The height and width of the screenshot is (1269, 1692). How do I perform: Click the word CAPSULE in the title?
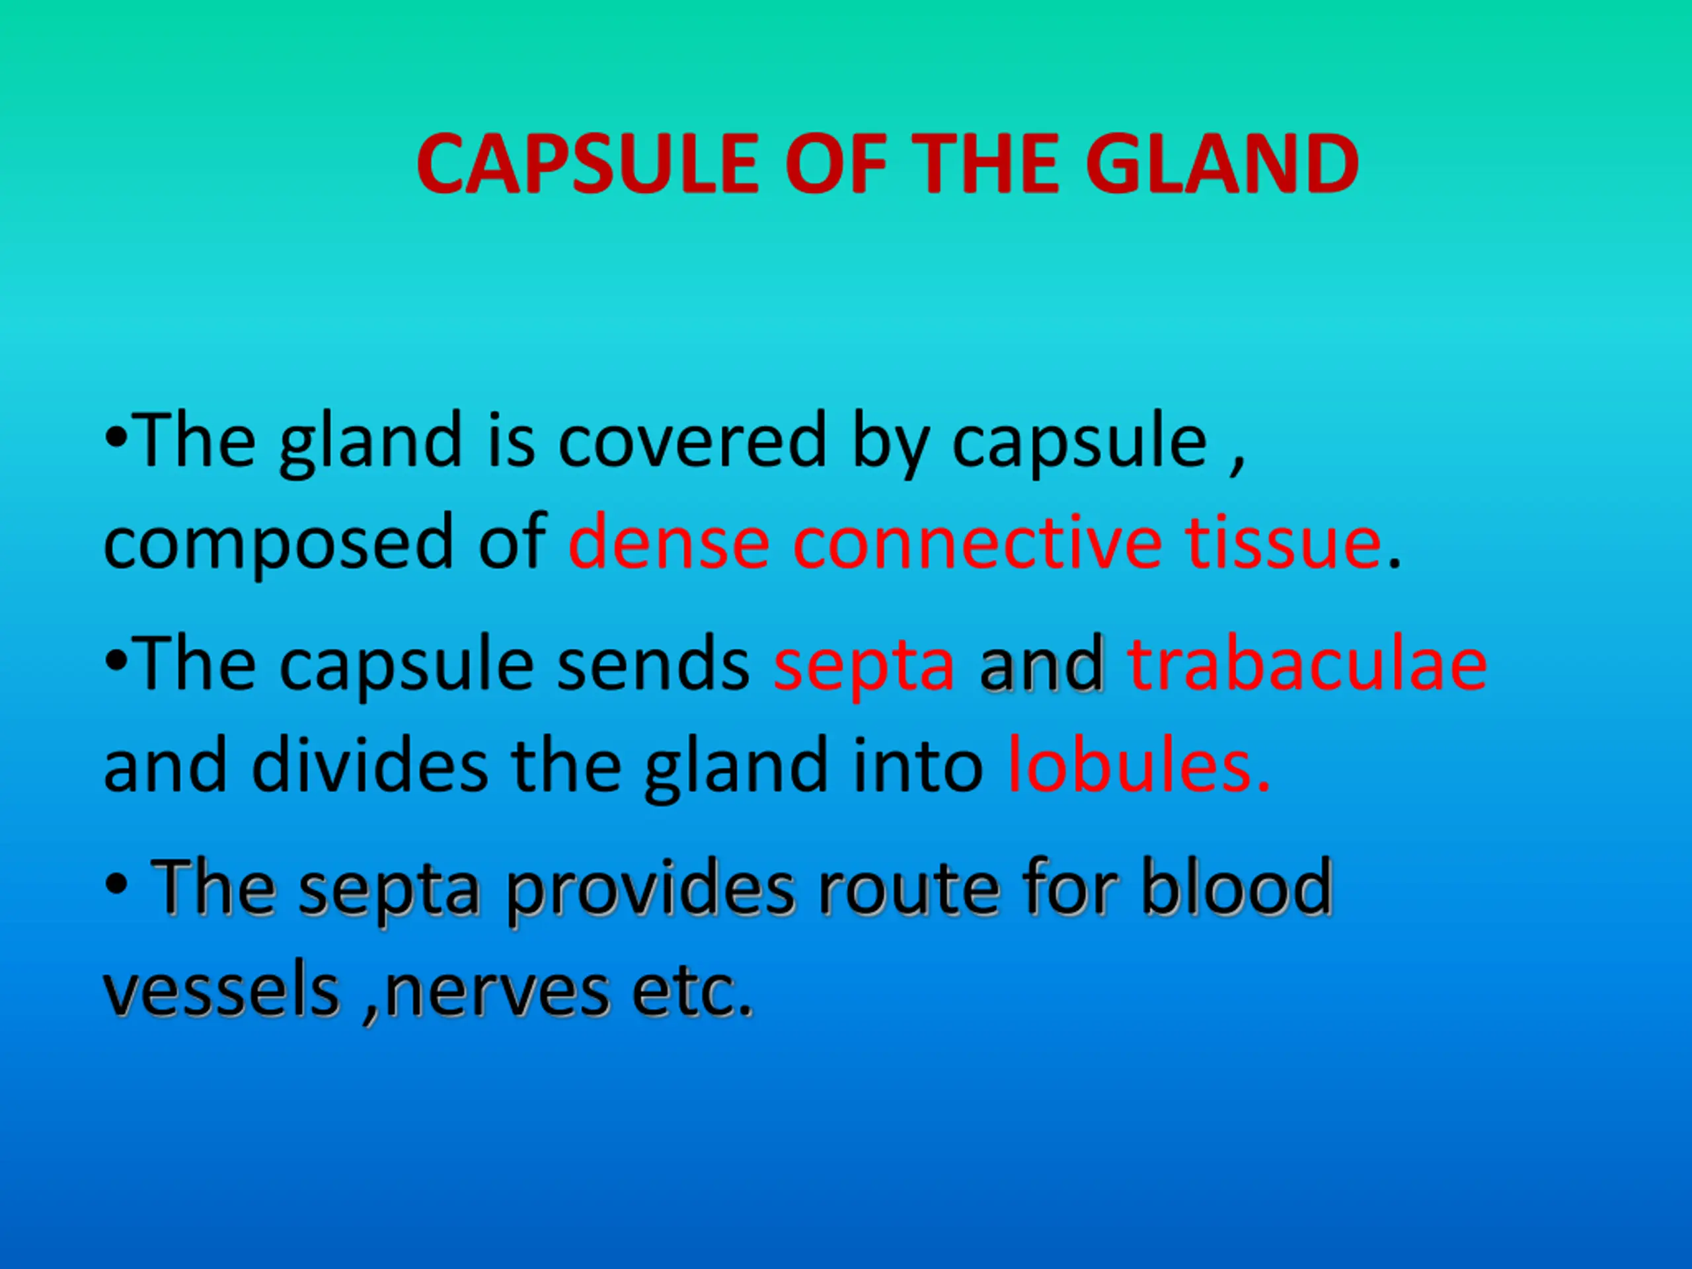pos(588,164)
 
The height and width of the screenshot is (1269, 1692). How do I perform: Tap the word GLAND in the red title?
pos(1221,164)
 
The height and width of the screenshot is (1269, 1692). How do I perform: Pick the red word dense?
pos(669,543)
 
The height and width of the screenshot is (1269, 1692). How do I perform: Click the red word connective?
pos(978,543)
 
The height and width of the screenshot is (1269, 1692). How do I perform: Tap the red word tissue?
pos(1284,543)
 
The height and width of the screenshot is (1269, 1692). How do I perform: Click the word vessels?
pos(222,991)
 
